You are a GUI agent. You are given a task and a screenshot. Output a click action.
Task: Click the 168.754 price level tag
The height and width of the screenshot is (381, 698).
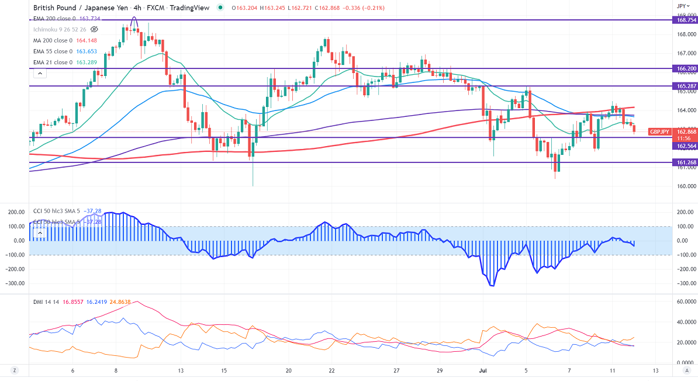coord(685,20)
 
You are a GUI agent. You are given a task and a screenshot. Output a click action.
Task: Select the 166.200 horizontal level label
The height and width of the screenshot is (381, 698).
coord(685,68)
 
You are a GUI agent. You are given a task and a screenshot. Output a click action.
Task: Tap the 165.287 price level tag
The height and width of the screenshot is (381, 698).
coord(685,86)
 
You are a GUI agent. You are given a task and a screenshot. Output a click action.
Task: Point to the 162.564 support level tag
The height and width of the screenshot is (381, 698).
coord(685,146)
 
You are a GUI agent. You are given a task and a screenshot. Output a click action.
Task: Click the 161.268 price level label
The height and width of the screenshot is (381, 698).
coord(685,162)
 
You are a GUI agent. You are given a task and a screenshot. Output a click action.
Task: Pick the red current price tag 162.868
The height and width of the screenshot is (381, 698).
coord(685,132)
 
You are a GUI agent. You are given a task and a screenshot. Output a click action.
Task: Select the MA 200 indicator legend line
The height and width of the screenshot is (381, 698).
coord(65,41)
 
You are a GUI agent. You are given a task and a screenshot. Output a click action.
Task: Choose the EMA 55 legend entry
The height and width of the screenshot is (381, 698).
coord(64,51)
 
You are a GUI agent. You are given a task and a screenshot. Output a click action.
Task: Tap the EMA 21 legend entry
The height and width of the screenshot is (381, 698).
coord(64,62)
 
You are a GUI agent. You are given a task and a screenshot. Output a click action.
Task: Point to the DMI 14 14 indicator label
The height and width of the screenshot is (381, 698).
coord(46,302)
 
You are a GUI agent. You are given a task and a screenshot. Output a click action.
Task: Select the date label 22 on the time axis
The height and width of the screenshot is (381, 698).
coord(332,370)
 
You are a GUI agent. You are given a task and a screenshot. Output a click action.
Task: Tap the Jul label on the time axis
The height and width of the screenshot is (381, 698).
coord(483,370)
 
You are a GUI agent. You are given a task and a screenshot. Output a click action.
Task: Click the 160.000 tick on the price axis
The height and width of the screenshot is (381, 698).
coord(685,186)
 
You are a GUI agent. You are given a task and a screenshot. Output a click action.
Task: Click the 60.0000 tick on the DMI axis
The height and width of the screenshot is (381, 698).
coord(685,302)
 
